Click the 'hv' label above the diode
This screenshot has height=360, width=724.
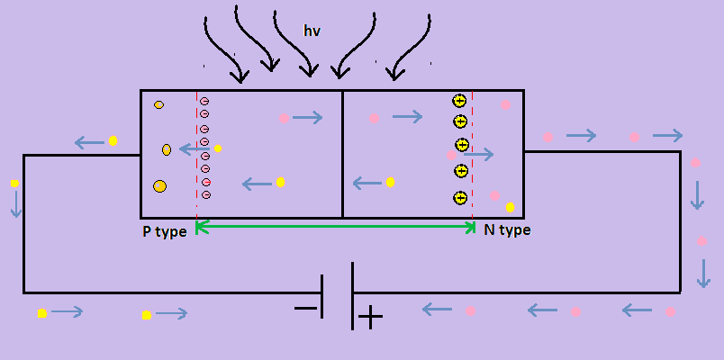pos(312,31)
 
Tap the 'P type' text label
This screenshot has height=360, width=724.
pos(165,231)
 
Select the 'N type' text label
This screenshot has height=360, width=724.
pos(507,230)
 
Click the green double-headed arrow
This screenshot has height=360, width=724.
pos(335,228)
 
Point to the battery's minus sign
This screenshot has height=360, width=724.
pos(306,310)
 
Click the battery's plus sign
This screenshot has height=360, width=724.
pos(370,317)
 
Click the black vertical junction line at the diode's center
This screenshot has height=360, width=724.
pos(342,153)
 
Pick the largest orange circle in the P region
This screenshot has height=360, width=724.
pos(159,186)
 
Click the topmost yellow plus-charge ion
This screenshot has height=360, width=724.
pos(459,101)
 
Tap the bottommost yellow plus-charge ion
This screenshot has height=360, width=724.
pos(460,198)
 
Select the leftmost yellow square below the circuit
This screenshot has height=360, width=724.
pos(41,313)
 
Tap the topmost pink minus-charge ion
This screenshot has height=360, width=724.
pos(204,102)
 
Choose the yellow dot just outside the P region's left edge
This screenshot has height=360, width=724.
pos(113,140)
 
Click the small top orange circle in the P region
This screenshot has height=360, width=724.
pos(158,105)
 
